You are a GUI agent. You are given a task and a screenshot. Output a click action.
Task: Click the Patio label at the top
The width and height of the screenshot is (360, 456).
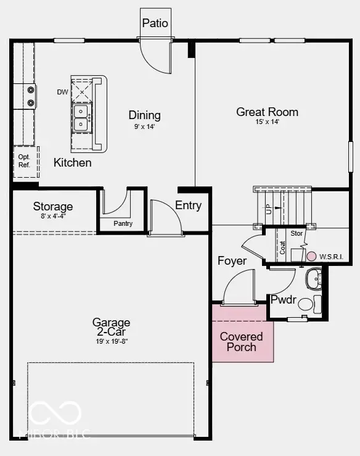(155, 23)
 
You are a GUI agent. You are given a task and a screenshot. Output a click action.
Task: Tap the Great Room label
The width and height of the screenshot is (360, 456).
(267, 112)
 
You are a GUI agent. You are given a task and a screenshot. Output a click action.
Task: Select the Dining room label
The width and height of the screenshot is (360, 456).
(144, 115)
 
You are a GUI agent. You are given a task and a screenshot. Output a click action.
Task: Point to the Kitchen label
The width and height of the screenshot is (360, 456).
(72, 163)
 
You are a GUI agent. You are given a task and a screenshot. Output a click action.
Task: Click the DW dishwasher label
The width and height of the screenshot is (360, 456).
(62, 92)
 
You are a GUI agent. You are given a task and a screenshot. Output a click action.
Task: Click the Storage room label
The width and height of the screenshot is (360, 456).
(53, 206)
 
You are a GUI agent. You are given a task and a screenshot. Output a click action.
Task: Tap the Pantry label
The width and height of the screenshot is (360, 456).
(123, 224)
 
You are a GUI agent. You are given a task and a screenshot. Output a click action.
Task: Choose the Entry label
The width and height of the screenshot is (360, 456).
(188, 205)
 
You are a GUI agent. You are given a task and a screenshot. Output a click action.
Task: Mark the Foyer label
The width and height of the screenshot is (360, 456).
(232, 260)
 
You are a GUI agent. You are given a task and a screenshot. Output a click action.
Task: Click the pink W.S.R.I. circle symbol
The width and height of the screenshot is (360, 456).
(311, 255)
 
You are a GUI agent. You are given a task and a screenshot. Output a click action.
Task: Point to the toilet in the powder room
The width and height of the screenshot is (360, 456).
(317, 304)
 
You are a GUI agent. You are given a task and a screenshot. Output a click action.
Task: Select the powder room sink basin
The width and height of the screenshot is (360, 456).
(314, 278)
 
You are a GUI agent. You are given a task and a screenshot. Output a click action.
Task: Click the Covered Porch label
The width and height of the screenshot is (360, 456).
(242, 342)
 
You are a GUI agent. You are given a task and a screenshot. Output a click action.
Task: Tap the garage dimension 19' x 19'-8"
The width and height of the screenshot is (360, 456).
(111, 341)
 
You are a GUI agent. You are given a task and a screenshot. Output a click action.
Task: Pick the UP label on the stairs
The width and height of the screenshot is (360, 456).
(269, 209)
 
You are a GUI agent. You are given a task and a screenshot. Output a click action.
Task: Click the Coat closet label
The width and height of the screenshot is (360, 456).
(283, 247)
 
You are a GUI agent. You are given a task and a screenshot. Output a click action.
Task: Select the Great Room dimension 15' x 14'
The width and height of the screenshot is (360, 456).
(267, 122)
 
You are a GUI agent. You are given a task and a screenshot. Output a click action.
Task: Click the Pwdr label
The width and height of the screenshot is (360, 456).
(284, 301)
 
